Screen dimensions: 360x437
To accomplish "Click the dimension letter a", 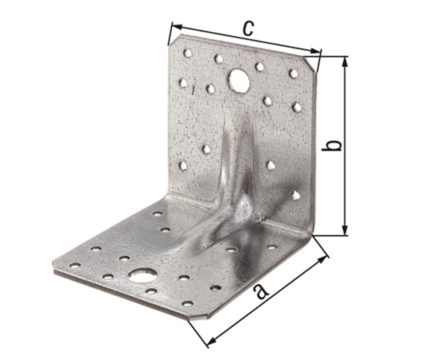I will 261,291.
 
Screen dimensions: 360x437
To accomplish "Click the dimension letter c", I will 247,29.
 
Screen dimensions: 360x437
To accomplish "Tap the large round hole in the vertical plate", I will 239,80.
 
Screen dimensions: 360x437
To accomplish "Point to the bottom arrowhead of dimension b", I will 345,231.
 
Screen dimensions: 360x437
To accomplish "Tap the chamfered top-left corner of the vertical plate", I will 173,40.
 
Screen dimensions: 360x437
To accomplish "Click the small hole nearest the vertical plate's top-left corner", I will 187,53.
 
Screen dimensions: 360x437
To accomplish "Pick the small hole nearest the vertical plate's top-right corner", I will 293,73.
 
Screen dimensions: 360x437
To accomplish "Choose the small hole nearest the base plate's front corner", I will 187,303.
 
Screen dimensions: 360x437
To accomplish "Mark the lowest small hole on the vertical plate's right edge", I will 296,195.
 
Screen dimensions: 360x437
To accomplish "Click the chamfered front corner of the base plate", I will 199,315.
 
